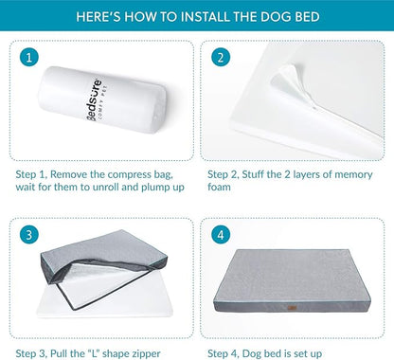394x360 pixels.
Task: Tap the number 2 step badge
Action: pos(222,59)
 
